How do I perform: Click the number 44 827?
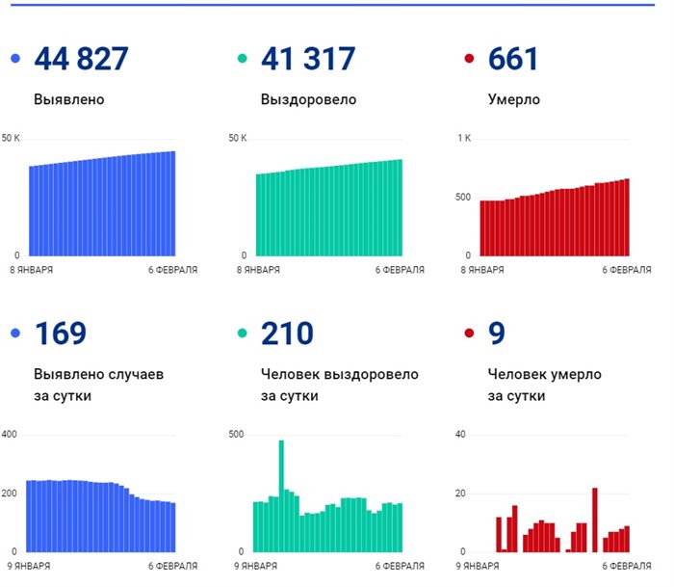point(81,60)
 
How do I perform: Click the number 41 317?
point(308,60)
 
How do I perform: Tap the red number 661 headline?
point(513,60)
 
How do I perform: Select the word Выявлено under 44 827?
point(69,99)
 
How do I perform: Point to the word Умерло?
point(514,99)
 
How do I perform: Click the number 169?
point(60,334)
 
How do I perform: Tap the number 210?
point(287,334)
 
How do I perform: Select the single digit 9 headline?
point(497,334)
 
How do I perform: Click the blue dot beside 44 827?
point(14,60)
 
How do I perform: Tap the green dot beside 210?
point(242,334)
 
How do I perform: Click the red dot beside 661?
point(469,60)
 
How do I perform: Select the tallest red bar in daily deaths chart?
point(595,520)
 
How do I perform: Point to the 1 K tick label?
point(464,139)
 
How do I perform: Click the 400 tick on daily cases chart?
point(10,435)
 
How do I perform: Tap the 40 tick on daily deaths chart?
point(460,435)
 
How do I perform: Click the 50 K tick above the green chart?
point(238,139)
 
